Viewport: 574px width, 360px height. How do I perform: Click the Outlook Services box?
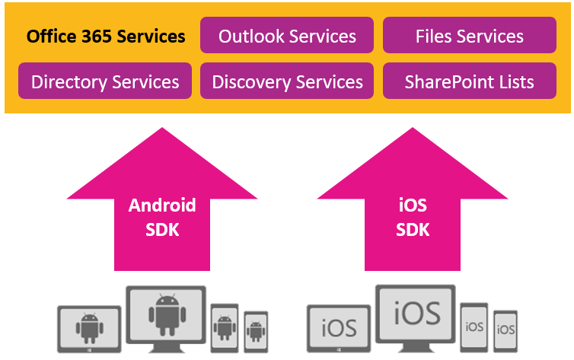(287, 36)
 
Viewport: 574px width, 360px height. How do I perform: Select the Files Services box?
(469, 36)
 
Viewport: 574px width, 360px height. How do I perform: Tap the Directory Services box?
(105, 81)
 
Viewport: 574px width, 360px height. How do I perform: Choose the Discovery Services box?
(287, 81)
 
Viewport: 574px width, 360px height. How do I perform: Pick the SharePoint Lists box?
(469, 81)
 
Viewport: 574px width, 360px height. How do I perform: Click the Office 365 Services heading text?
(105, 36)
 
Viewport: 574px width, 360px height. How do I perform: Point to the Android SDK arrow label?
(161, 217)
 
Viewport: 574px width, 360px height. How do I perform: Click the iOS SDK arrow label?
(413, 217)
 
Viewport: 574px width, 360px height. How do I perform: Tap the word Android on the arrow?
(161, 205)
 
